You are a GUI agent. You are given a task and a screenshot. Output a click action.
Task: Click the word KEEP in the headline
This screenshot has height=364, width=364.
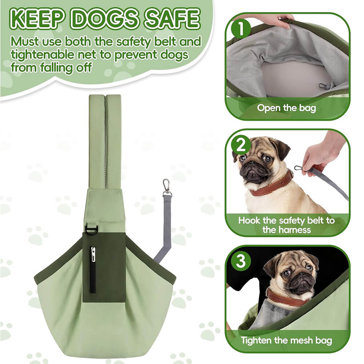coord(37,19)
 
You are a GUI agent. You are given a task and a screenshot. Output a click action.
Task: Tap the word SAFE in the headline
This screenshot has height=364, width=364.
coord(172,19)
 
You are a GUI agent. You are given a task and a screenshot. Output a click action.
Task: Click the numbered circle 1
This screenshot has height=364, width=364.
coord(241,29)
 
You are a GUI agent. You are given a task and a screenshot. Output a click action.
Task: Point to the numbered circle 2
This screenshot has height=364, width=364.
coord(241,146)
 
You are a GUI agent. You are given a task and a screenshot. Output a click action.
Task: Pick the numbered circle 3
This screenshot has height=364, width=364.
coord(241,261)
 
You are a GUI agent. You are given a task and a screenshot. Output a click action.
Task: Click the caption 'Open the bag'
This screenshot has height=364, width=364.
coord(286,108)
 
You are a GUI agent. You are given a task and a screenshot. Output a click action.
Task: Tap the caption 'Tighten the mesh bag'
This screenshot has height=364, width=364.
coord(286,341)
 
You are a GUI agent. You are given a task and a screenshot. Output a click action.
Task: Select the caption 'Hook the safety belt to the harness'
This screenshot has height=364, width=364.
coord(286,225)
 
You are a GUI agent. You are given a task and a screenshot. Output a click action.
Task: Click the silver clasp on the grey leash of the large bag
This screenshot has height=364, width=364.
coord(167,187)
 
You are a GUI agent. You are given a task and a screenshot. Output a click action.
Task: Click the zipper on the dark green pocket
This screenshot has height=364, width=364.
coord(93,269)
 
